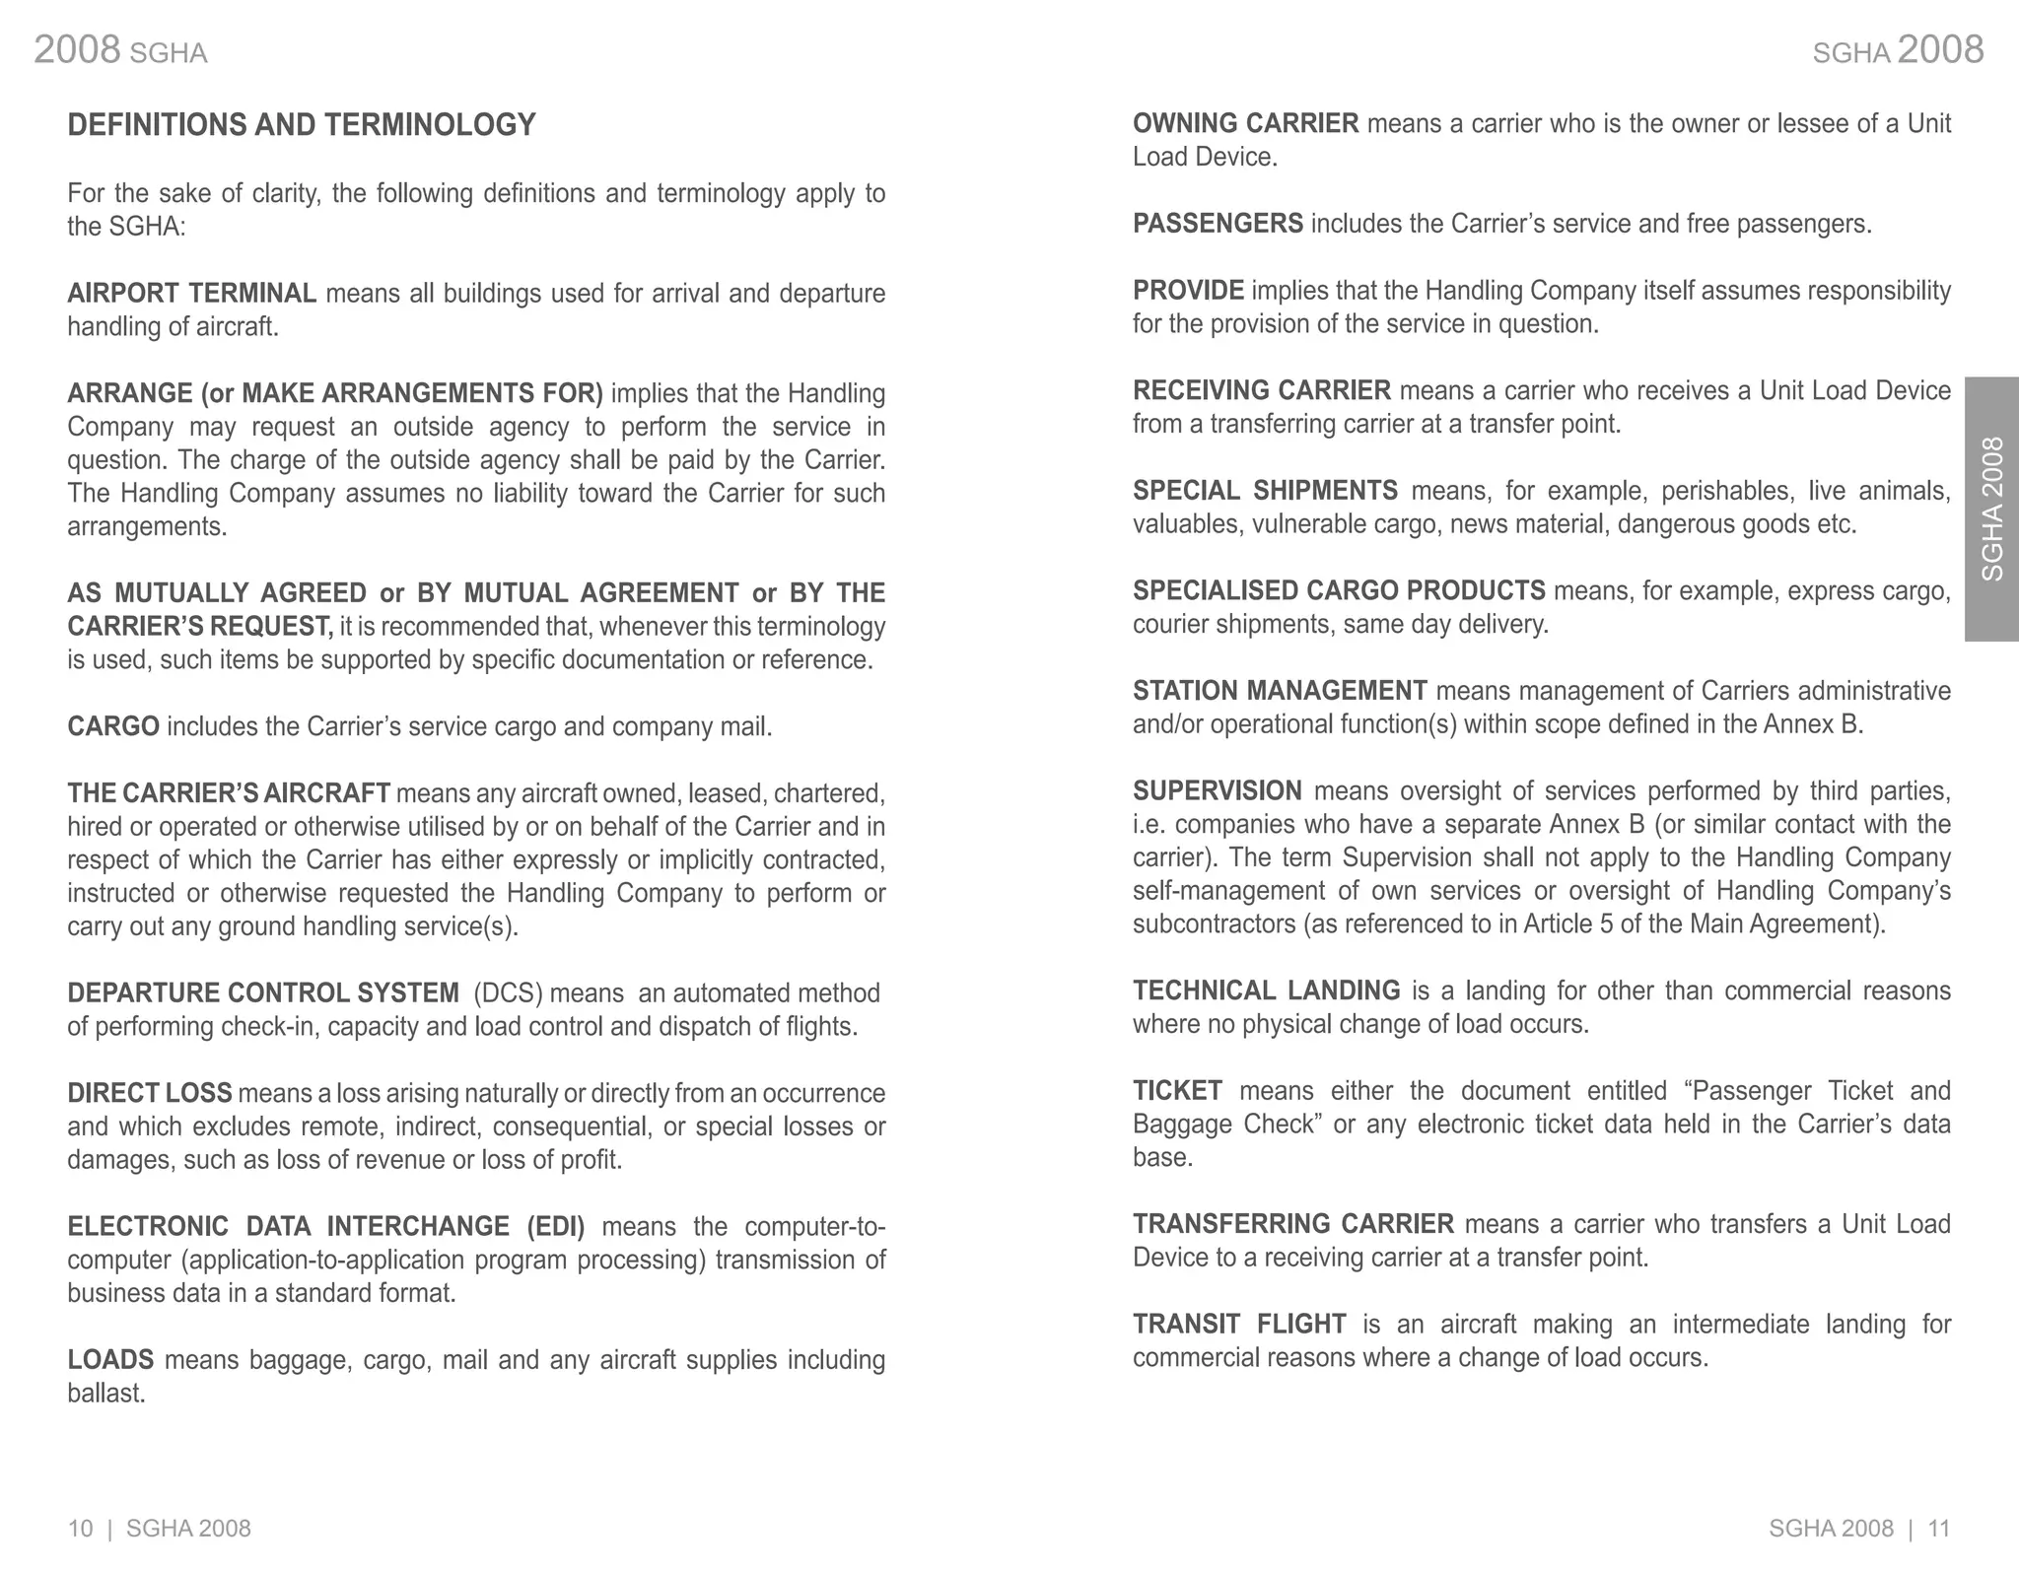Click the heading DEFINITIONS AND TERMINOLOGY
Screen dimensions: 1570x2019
pyautogui.click(x=301, y=125)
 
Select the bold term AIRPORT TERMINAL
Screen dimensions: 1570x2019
pyautogui.click(x=191, y=294)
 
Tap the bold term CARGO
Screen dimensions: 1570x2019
pyautogui.click(x=112, y=727)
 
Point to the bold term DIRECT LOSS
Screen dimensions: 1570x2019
pyautogui.click(x=149, y=1094)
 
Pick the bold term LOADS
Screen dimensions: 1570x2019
pyautogui.click(x=110, y=1360)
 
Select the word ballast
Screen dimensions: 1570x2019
pyautogui.click(x=105, y=1394)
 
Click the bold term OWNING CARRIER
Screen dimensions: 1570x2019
pyautogui.click(x=1245, y=124)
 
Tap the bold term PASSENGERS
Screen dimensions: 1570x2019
pyautogui.click(x=1218, y=224)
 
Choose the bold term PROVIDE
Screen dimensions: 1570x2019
pyautogui.click(x=1188, y=291)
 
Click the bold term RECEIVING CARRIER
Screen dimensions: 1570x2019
pyautogui.click(x=1261, y=391)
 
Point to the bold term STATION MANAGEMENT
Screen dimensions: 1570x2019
pyautogui.click(x=1279, y=691)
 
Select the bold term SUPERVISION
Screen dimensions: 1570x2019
pyautogui.click(x=1217, y=791)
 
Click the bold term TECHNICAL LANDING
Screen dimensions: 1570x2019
pyautogui.click(x=1266, y=990)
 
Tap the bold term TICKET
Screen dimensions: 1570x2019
pyautogui.click(x=1177, y=1091)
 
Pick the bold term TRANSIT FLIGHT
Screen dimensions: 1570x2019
pyautogui.click(x=1239, y=1325)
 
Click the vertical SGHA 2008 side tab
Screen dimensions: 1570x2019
pyautogui.click(x=1991, y=509)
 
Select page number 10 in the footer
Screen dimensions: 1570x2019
pyautogui.click(x=80, y=1529)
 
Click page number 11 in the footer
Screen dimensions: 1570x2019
pyautogui.click(x=1939, y=1529)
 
